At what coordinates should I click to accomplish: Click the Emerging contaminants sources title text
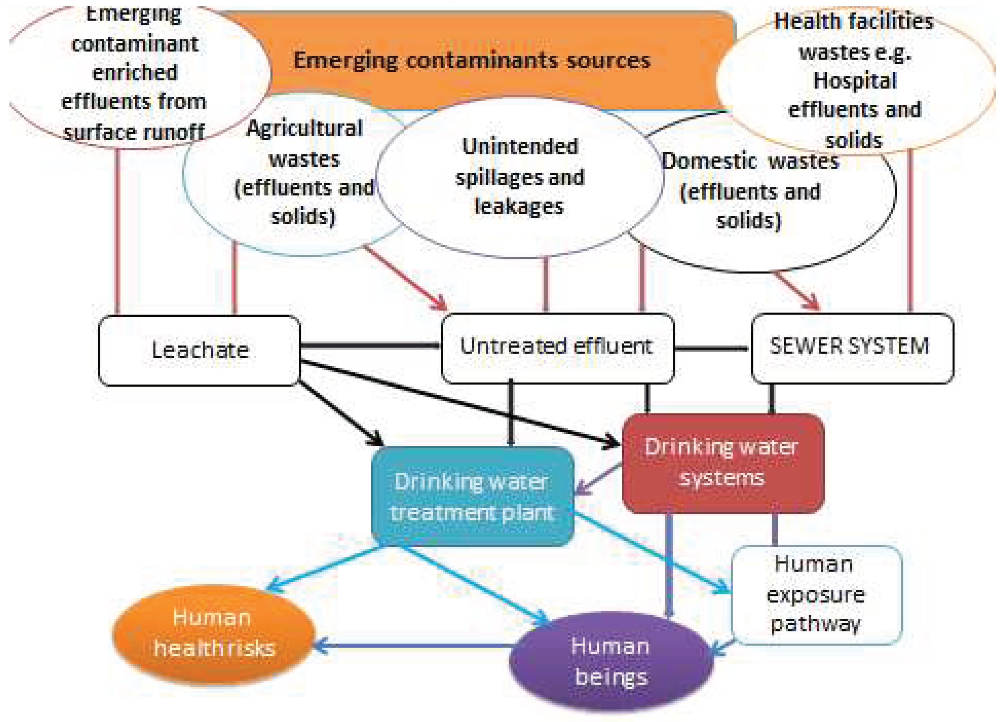(x=472, y=61)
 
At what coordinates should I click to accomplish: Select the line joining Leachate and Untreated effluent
(x=370, y=345)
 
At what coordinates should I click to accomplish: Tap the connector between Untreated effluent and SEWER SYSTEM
(x=712, y=348)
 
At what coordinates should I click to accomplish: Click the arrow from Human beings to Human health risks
(x=411, y=646)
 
